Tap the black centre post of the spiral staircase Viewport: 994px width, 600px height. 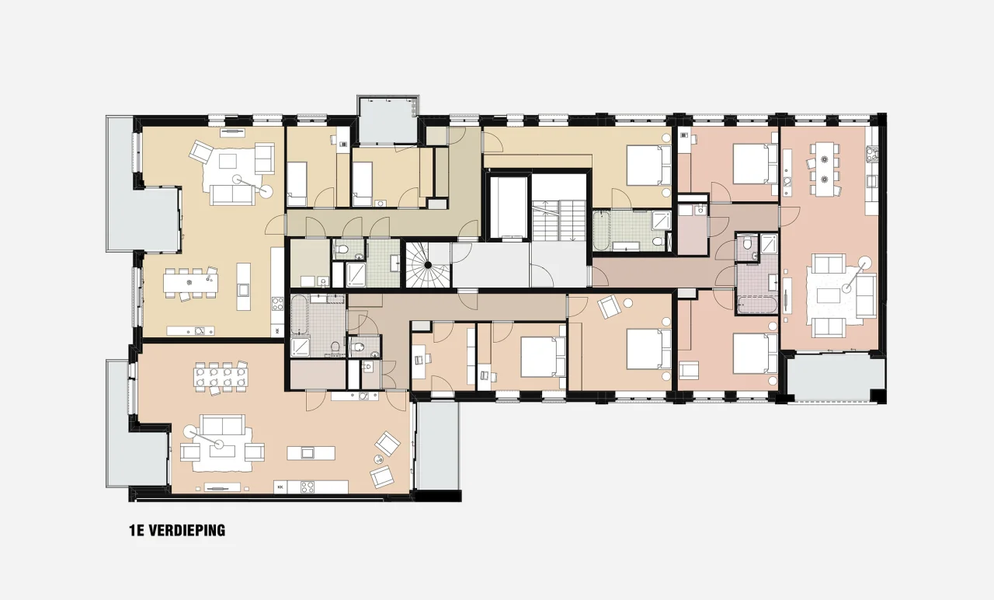point(428,265)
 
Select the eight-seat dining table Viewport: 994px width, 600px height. point(221,377)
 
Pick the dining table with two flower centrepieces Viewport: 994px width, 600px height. point(824,169)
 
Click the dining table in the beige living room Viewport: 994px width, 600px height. point(191,283)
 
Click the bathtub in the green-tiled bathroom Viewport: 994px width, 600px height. point(601,230)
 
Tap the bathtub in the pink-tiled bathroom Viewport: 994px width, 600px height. point(757,305)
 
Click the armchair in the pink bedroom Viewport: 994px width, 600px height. point(689,371)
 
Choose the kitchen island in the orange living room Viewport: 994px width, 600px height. point(311,453)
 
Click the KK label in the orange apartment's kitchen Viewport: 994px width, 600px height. point(280,487)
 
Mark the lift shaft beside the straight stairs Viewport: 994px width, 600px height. point(509,208)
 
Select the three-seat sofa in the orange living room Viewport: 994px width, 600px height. point(222,425)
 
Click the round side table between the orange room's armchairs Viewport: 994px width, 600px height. point(378,459)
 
